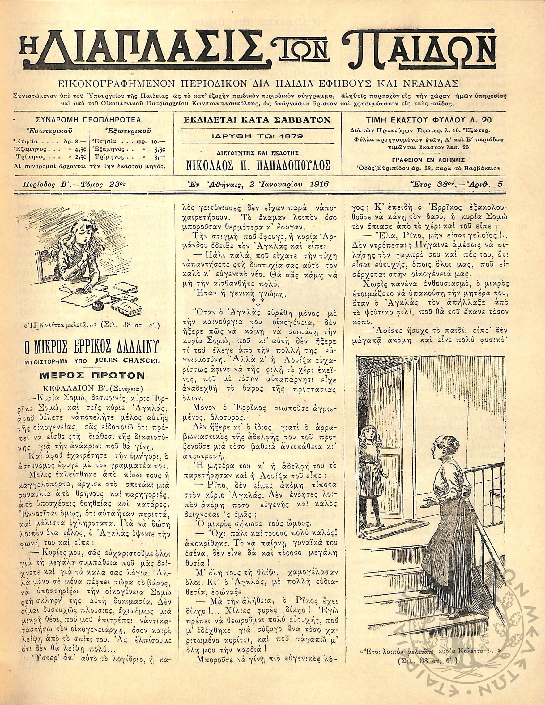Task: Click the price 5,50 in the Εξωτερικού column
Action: point(160,149)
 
